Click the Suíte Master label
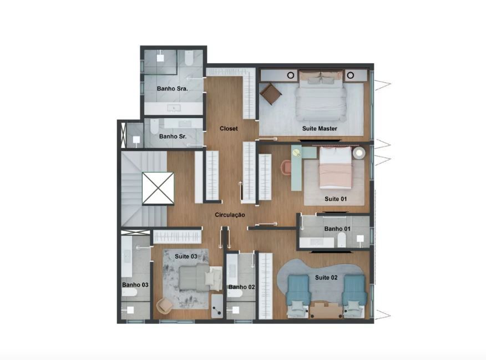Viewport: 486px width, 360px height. pos(320,128)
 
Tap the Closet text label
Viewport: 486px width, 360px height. pos(229,128)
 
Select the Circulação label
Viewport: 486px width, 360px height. pos(230,215)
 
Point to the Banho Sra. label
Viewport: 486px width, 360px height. pos(173,89)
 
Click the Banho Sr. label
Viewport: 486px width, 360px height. pos(173,136)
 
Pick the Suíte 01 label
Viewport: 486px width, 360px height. pos(336,199)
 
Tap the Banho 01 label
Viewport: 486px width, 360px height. pos(337,229)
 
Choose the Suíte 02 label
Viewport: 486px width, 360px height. pos(326,277)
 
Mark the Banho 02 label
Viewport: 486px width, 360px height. pos(241,287)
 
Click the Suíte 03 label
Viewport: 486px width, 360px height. pos(186,256)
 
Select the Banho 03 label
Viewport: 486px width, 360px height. pos(135,285)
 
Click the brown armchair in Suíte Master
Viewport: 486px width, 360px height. pos(271,94)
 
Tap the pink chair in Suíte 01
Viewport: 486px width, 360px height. pos(286,168)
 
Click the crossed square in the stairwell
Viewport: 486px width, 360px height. pos(158,189)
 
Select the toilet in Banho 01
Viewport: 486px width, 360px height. pos(341,240)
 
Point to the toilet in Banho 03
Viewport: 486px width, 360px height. pos(130,292)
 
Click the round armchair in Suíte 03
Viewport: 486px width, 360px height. pos(165,306)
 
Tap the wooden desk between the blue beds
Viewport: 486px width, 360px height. pos(326,310)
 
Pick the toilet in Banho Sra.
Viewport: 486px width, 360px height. pos(189,58)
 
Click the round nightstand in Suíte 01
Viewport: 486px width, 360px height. pos(359,153)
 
